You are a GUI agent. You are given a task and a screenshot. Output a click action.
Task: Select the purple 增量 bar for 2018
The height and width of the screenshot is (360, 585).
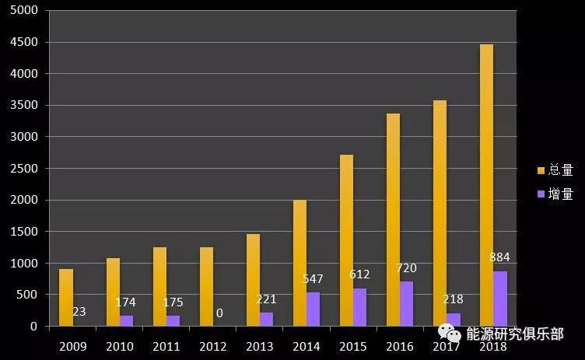[499, 299]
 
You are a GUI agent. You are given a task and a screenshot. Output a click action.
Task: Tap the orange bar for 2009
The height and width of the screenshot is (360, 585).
[66, 298]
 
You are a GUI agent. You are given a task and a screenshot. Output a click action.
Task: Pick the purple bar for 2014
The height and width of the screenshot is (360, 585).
[313, 309]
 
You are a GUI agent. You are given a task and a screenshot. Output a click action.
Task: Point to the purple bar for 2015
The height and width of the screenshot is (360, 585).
[359, 307]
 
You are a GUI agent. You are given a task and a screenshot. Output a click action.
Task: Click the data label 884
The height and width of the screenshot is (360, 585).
[499, 257]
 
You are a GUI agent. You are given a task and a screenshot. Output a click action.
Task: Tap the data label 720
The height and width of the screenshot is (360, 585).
[406, 268]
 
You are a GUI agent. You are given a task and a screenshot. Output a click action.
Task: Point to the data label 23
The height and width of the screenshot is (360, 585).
[79, 312]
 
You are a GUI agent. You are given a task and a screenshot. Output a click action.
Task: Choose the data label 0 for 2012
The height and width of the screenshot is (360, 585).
[219, 313]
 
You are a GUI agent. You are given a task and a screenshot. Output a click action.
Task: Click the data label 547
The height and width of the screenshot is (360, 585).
[313, 278]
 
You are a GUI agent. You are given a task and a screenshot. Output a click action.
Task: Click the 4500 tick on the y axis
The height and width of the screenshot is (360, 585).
[24, 42]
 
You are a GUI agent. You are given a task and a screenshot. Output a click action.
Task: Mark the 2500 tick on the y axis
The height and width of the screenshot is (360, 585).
[24, 169]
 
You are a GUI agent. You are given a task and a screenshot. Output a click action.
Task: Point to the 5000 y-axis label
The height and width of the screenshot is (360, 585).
[24, 10]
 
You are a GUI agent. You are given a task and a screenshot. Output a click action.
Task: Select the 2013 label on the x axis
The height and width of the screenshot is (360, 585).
[260, 347]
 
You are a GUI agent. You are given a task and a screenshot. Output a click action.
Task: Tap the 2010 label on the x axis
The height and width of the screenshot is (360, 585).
[120, 347]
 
